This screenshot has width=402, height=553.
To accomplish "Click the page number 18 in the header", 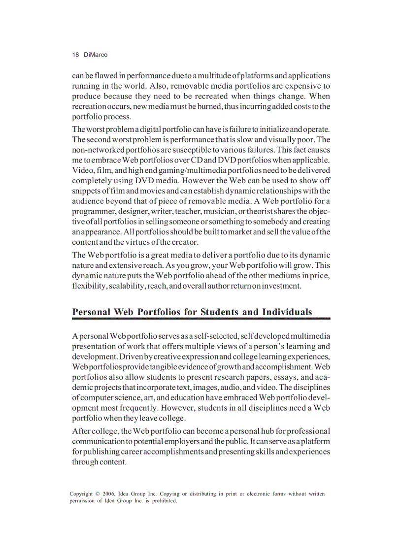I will pos(75,55).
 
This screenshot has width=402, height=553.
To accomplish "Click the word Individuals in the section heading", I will pos(287,312).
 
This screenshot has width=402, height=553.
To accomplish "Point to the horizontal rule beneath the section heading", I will pos(201,319).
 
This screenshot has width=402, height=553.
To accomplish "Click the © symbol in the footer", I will pos(97,493).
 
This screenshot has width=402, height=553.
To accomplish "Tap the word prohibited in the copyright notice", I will pos(163,501).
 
